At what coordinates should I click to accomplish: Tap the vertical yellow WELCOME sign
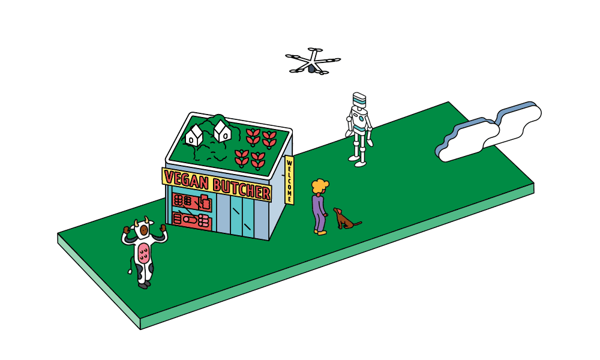pyautogui.click(x=289, y=179)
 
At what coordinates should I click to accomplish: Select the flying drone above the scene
pyautogui.click(x=312, y=62)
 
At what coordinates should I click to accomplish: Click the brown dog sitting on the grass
pyautogui.click(x=344, y=220)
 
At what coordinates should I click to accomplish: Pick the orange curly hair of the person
pyautogui.click(x=320, y=185)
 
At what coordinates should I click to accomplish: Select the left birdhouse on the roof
pyautogui.click(x=194, y=136)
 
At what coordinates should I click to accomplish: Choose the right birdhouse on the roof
pyautogui.click(x=223, y=131)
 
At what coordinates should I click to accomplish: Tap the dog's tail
pyautogui.click(x=358, y=223)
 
